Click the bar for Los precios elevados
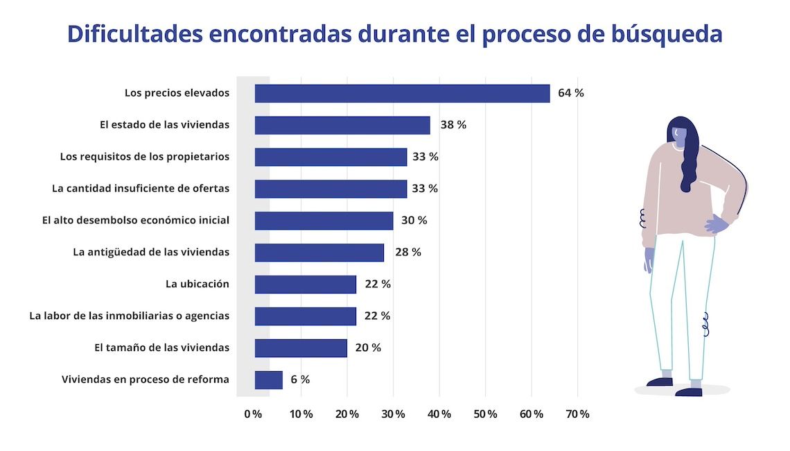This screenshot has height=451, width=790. pos(402,93)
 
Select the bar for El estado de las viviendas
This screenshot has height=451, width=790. pos(342,125)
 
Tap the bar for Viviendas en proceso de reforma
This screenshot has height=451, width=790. pos(268,380)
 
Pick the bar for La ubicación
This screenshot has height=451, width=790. pos(305,284)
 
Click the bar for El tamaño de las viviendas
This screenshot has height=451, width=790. pos(301,348)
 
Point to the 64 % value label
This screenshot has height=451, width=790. pos(570,93)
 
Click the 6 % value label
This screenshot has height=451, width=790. pos(300,380)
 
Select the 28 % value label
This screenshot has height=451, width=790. pos(407,252)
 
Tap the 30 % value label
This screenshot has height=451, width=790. pos(414,221)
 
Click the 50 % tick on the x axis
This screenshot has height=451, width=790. pos(486,414)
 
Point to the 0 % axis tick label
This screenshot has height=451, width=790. pos(253,414)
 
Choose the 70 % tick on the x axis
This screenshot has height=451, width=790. pos(578,414)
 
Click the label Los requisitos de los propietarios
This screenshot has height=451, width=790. pos(144,157)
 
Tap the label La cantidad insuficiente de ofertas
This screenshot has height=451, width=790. pos(140,188)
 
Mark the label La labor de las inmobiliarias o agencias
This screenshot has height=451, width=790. pos(129,316)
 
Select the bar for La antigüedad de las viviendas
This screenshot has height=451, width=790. pos(319,253)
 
